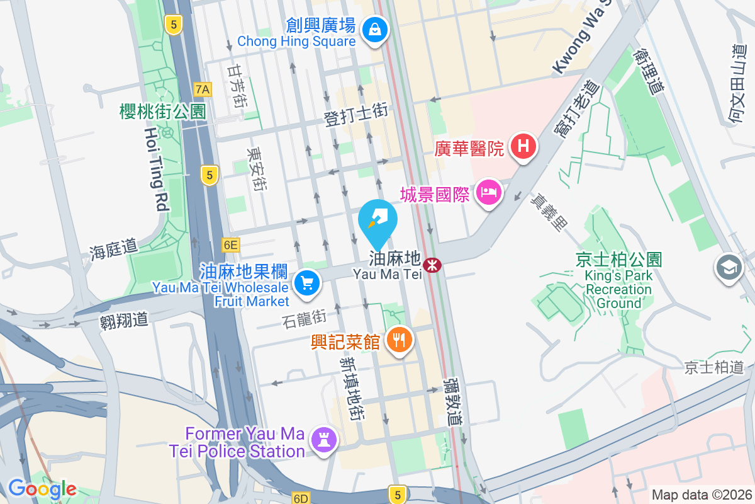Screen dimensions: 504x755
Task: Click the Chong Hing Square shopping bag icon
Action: coord(375,29)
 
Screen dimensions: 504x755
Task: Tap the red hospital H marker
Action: coord(523,147)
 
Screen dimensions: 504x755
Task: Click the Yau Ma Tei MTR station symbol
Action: coord(432,265)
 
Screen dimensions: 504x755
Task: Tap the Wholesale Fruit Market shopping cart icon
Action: coord(307,282)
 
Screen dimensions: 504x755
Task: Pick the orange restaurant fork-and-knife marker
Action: coord(399,340)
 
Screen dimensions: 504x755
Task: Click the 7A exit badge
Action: coord(202,89)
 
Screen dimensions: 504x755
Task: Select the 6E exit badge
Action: coord(231,244)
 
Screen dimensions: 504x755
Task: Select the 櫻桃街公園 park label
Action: coord(163,112)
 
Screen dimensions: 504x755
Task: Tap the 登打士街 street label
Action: coord(355,115)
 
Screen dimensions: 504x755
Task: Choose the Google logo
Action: coord(42,489)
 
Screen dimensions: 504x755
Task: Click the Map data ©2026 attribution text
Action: coord(701,495)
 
